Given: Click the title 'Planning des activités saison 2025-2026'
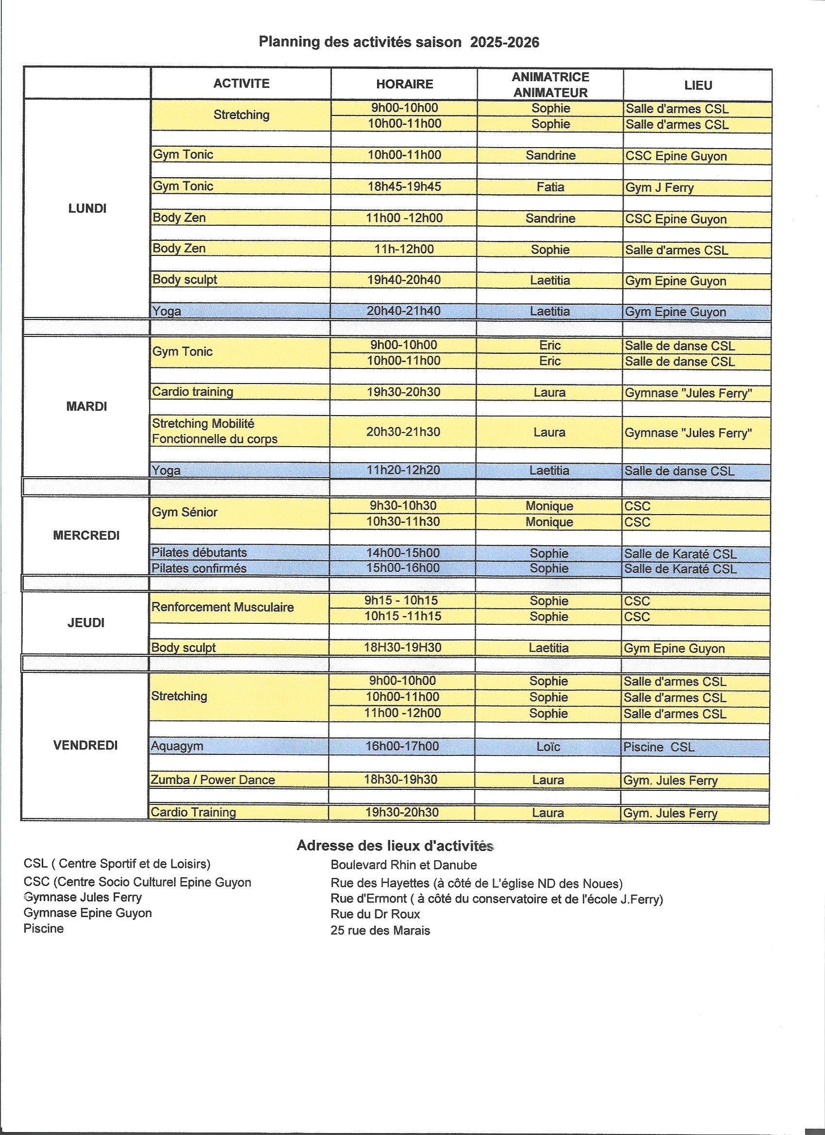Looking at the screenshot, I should [x=399, y=42].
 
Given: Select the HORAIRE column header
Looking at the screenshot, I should [x=404, y=83].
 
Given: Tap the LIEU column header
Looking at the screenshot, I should [x=698, y=85].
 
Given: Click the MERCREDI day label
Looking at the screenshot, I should [x=86, y=535].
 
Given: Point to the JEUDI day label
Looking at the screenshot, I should [x=85, y=622].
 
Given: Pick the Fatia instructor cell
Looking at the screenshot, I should [x=550, y=187].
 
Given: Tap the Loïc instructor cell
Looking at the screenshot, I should [x=548, y=747].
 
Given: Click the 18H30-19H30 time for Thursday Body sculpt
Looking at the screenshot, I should [x=402, y=648].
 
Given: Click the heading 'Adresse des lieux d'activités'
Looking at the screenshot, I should [x=395, y=846].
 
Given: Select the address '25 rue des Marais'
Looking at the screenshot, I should [x=380, y=930].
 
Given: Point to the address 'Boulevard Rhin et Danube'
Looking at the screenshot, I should [x=404, y=865].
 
